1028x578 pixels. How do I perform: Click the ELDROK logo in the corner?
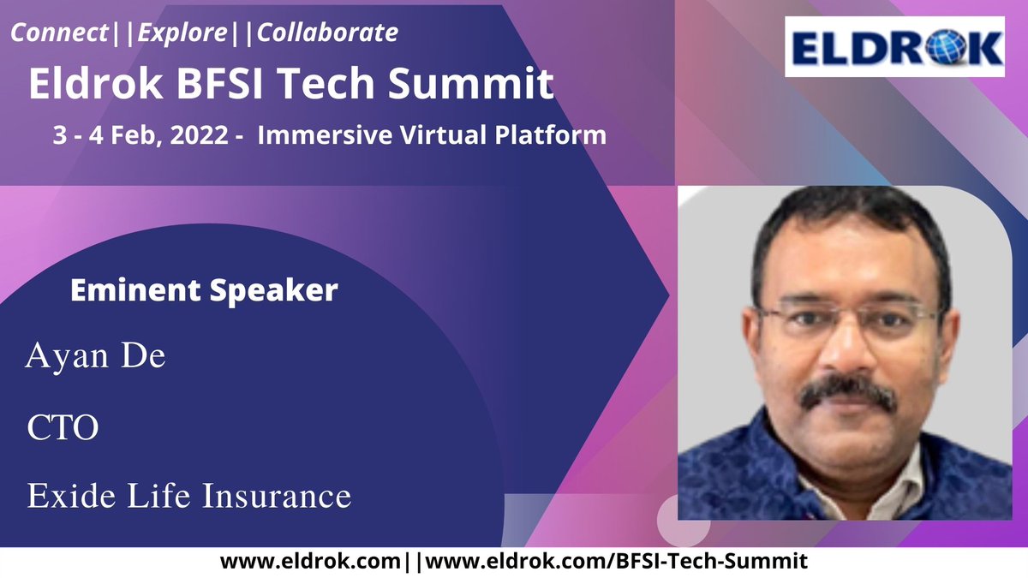click(x=894, y=47)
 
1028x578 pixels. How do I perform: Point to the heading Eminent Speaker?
click(x=203, y=290)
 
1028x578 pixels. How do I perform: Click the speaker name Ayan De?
click(x=95, y=356)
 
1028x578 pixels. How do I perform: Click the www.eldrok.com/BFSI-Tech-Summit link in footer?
click(x=617, y=562)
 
